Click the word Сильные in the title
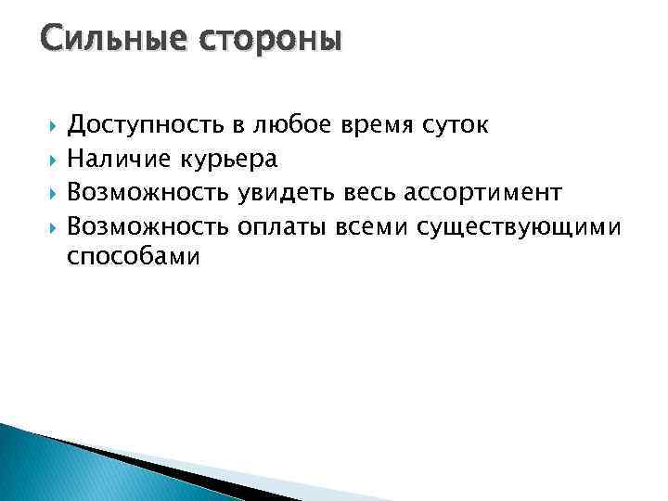[104, 41]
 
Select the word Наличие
[119, 160]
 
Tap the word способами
[134, 258]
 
